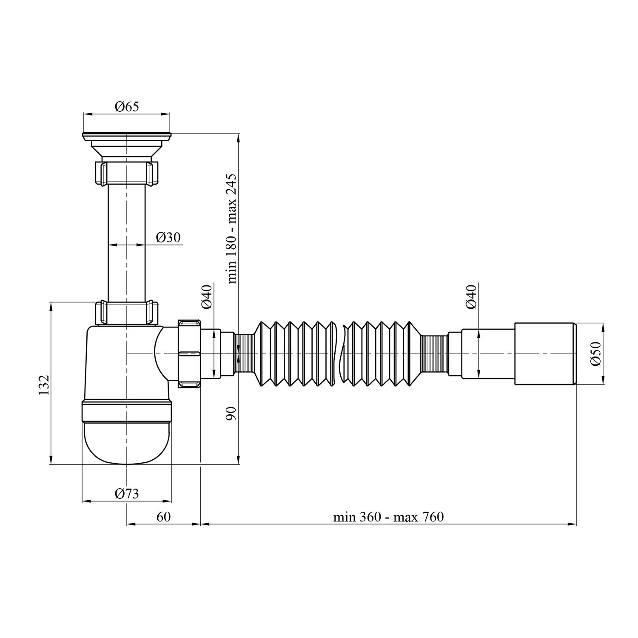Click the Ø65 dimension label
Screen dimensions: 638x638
(126, 106)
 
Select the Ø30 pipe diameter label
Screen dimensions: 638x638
(168, 237)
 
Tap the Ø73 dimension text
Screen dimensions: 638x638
(126, 493)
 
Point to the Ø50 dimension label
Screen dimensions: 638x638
(595, 353)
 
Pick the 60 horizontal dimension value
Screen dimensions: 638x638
(163, 517)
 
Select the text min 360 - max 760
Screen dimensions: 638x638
(388, 517)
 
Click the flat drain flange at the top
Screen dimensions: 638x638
(126, 136)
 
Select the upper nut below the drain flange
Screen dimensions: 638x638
(126, 172)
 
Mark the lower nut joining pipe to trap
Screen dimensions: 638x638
(126, 313)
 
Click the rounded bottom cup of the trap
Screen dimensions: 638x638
(126, 440)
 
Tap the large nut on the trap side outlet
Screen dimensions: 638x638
(189, 353)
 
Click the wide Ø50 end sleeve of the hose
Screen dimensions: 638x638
(545, 353)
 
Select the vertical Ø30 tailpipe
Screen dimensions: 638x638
(126, 242)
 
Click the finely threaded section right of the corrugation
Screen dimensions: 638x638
(434, 353)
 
